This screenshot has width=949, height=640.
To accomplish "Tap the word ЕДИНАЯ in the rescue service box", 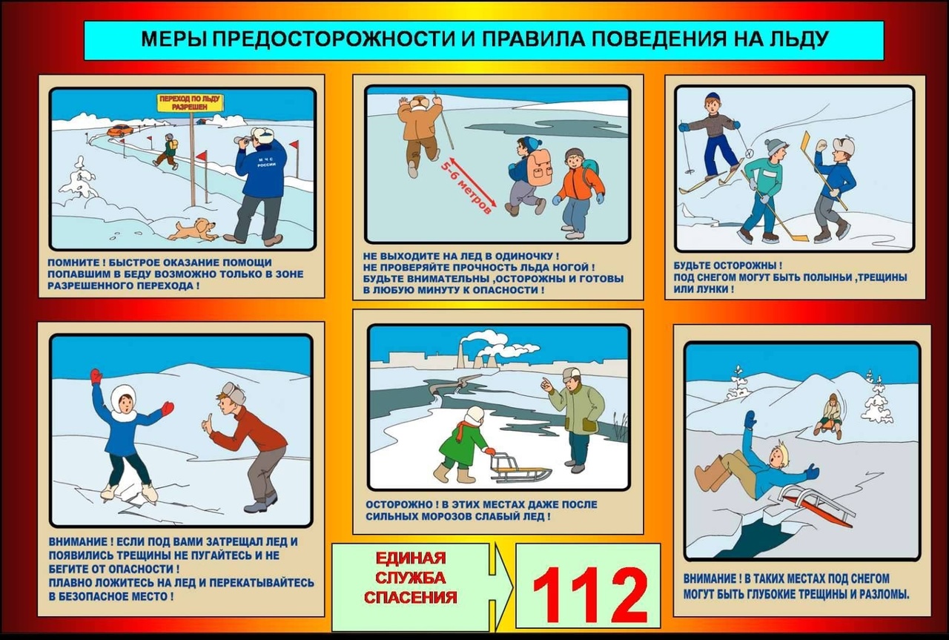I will (410, 558).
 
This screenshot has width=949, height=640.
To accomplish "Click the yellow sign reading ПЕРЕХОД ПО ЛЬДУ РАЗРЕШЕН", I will (191, 102).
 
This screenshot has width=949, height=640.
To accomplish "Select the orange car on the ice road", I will (119, 131).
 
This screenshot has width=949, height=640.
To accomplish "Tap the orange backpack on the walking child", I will (539, 168).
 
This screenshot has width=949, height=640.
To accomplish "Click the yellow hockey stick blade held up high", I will (805, 141).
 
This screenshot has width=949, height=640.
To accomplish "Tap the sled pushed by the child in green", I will (520, 467).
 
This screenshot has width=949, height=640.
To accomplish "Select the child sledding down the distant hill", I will (830, 415).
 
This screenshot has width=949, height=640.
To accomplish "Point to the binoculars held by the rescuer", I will (243, 139).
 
